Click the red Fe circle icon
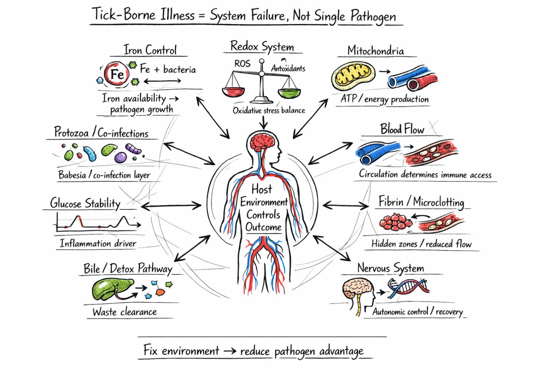(117, 74)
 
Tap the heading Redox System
(262, 46)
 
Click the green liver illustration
(110, 289)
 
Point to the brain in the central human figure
(263, 142)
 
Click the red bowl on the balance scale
(233, 92)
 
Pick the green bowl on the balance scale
(289, 93)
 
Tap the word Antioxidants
(288, 68)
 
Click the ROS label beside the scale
(242, 63)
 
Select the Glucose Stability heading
(85, 203)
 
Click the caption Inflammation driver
(98, 244)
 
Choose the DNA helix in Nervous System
(408, 288)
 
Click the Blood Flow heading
(402, 129)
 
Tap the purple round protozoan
(121, 157)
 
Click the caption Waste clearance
(124, 312)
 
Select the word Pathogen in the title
(373, 16)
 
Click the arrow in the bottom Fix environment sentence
(230, 351)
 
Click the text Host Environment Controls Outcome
(264, 208)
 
